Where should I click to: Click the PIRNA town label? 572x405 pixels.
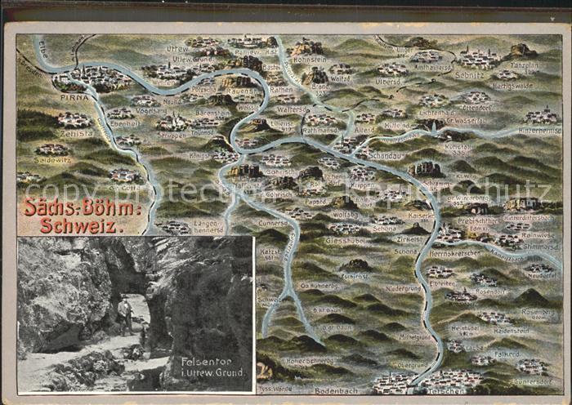click(74, 96)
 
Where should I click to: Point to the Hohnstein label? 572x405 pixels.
click(310, 59)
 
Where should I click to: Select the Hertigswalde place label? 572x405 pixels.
click(512, 85)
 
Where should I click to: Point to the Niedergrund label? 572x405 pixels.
click(403, 287)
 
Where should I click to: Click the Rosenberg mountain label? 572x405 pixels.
click(537, 311)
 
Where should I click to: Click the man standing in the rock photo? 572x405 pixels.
click(124, 314)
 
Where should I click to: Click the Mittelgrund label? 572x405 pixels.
click(415, 336)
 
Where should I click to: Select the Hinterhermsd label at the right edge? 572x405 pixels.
click(540, 130)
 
